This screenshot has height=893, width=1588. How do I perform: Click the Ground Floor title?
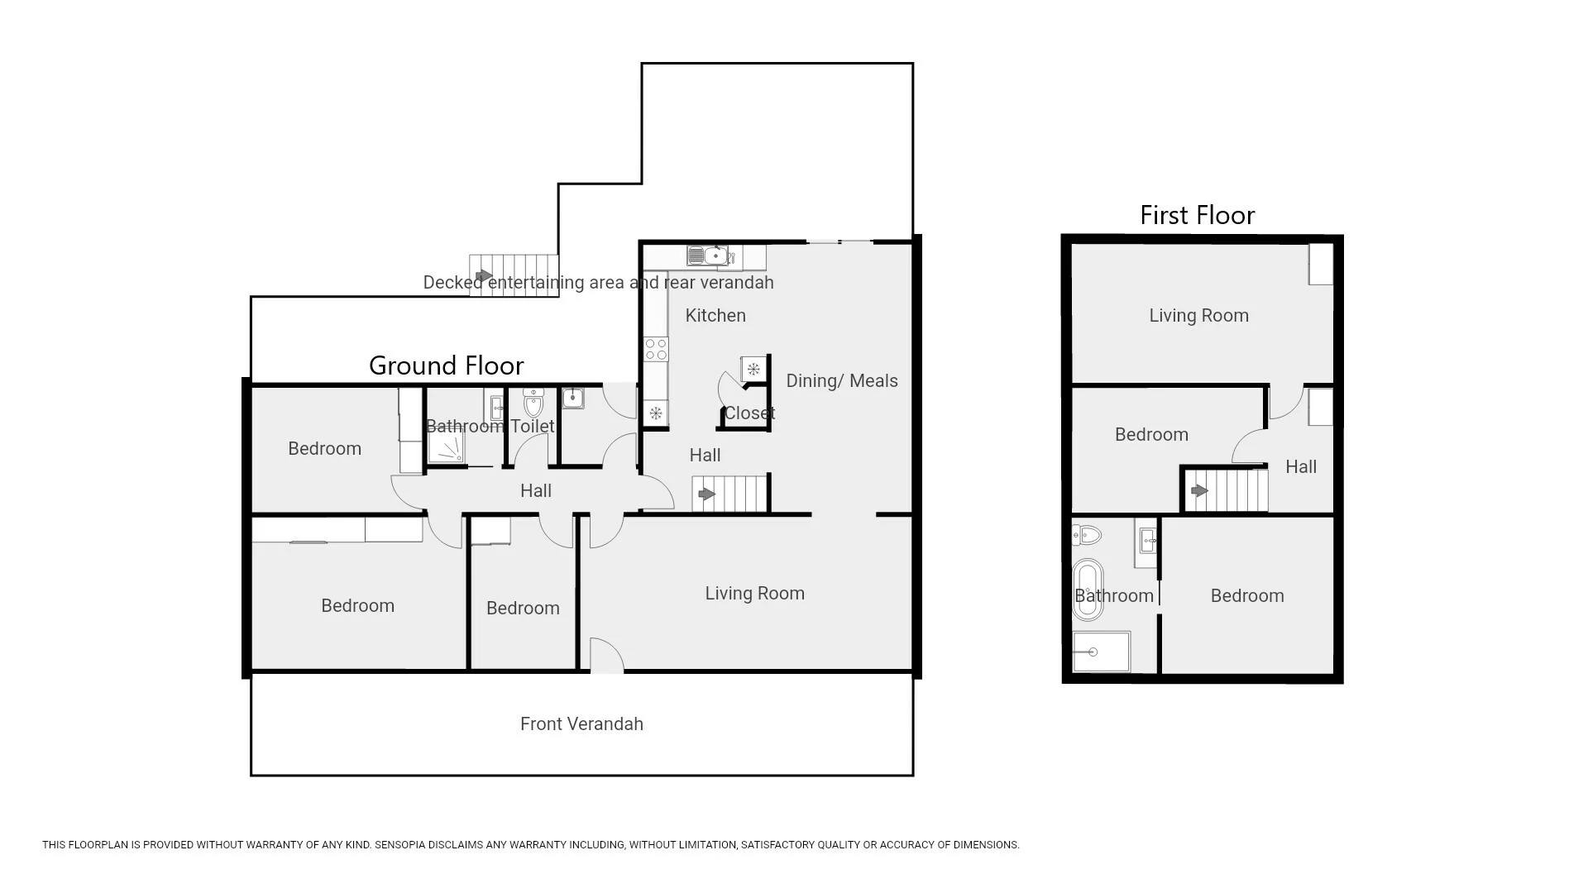pyautogui.click(x=446, y=365)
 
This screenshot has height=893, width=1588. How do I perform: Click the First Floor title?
pyautogui.click(x=1197, y=216)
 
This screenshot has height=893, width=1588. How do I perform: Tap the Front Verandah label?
pyautogui.click(x=581, y=724)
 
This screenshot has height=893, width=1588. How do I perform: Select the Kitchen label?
pyautogui.click(x=715, y=316)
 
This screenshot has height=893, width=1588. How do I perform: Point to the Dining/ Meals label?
pyautogui.click(x=841, y=381)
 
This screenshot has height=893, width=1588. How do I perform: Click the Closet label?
pyautogui.click(x=749, y=413)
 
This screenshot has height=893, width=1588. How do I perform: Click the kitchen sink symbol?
pyautogui.click(x=707, y=256)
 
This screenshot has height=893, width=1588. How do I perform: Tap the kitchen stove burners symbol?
pyautogui.click(x=656, y=349)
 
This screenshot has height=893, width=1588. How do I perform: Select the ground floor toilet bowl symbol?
pyautogui.click(x=533, y=404)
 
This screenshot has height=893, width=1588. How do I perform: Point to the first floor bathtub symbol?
pyautogui.click(x=1088, y=589)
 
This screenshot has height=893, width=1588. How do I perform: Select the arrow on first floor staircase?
pyautogui.click(x=1198, y=491)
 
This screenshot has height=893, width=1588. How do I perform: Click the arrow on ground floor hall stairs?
pyautogui.click(x=706, y=494)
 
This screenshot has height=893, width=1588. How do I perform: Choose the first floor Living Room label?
pyautogui.click(x=1198, y=316)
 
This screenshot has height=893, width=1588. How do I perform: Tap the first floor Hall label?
pyautogui.click(x=1300, y=467)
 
